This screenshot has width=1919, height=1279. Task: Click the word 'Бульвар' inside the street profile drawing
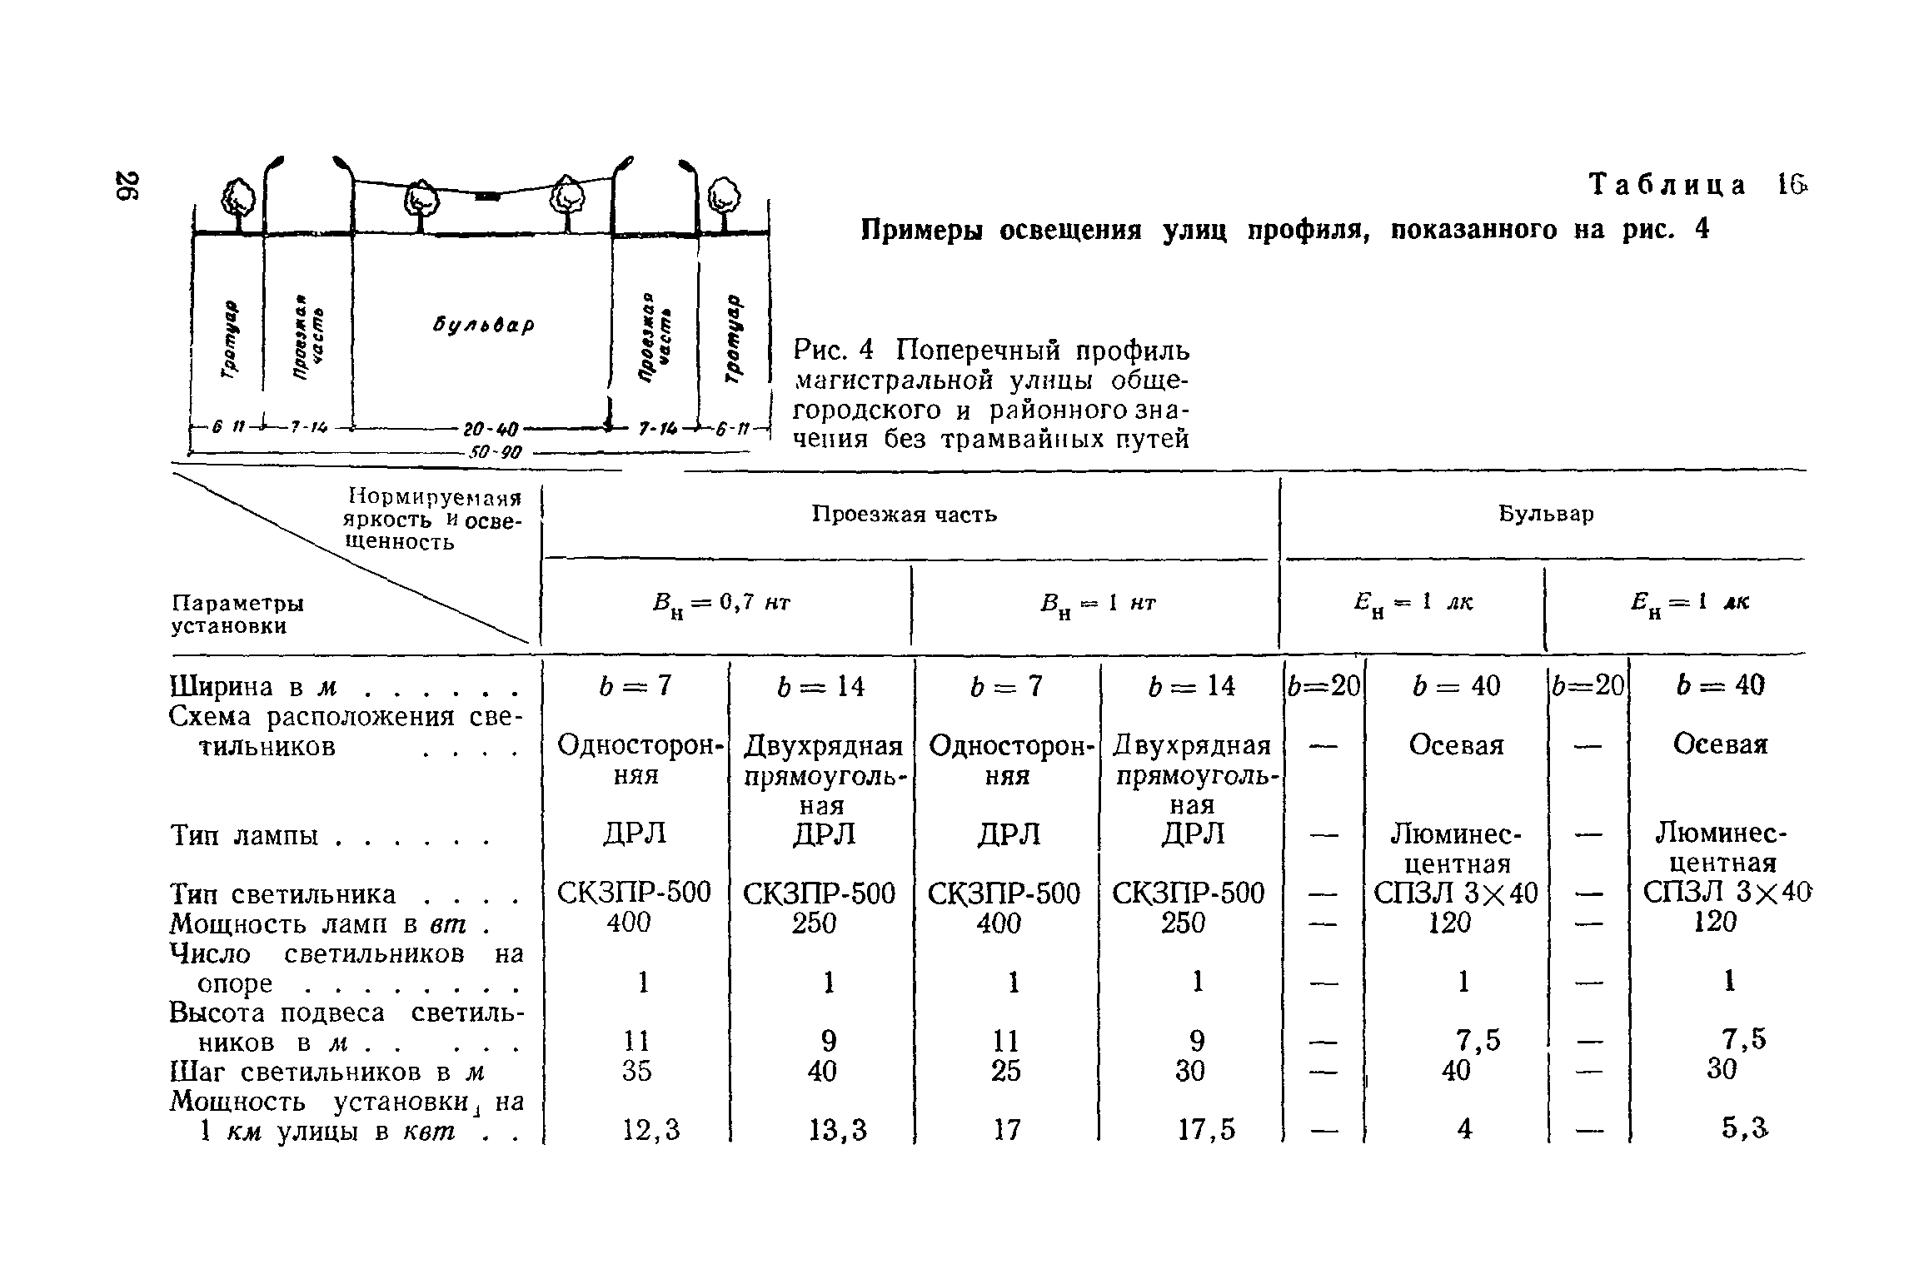484,324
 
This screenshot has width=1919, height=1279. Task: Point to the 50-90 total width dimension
494,453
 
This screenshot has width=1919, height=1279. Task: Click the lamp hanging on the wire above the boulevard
487,197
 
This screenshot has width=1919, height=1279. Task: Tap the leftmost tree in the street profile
239,197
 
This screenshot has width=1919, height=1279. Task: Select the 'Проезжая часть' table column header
904,515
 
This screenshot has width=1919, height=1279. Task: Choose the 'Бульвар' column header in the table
1546,515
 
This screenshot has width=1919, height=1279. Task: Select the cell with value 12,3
651,1130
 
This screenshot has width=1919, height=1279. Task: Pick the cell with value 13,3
837,1130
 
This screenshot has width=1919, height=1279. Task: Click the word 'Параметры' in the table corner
237,603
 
